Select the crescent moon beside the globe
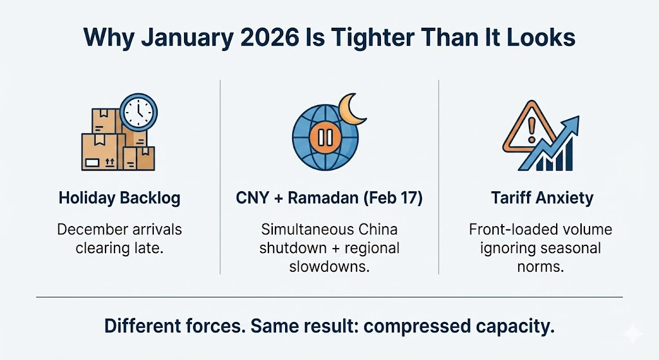point(352,109)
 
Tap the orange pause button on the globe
point(326,137)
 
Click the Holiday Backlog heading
point(119,198)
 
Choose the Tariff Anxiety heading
point(542,198)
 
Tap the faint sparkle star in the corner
point(633,334)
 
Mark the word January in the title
point(187,38)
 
